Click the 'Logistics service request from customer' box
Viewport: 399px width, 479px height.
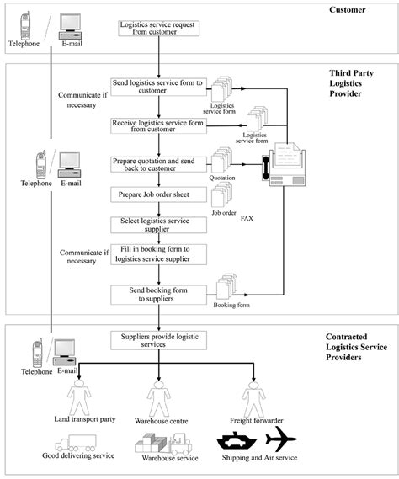pos(159,28)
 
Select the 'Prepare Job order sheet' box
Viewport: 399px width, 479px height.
pos(158,194)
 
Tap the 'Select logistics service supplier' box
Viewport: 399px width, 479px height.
pos(158,225)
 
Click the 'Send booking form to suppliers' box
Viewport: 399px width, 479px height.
pos(158,295)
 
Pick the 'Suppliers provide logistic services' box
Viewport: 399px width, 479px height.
pos(158,340)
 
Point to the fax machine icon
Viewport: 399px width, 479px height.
pos(284,164)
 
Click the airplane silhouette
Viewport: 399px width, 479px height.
pos(281,439)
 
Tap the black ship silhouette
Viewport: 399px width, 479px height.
pos(237,440)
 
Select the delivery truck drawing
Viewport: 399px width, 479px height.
pos(76,443)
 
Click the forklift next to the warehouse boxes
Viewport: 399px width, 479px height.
pos(180,444)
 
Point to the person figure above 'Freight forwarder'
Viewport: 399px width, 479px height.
pos(253,398)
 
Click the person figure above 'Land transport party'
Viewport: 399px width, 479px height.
pos(79,397)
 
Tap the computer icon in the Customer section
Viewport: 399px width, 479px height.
pos(70,27)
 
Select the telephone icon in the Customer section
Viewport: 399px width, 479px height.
pos(25,25)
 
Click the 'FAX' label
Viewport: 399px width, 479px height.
pos(247,218)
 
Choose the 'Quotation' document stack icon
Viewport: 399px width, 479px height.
pos(221,160)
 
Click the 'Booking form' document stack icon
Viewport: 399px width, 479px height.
pos(226,286)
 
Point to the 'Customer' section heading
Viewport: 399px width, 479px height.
pos(348,10)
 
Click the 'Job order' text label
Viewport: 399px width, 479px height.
pos(224,213)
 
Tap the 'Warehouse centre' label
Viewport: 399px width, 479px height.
pos(162,421)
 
